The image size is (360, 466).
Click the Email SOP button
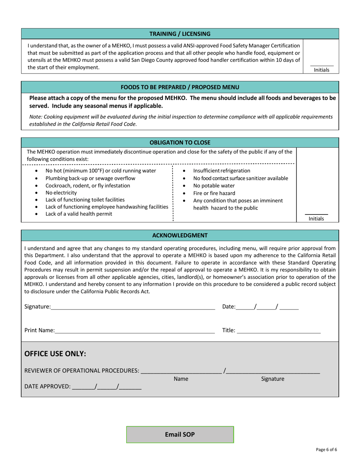[x=180, y=435]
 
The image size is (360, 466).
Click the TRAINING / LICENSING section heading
[x=180, y=34]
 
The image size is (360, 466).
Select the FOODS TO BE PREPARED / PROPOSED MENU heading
[x=180, y=87]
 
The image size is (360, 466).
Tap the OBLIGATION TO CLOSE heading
[x=180, y=142]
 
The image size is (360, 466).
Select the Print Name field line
[x=135, y=330]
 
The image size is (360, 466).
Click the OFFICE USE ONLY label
[x=55, y=354]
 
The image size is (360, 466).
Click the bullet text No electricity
[x=61, y=193]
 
